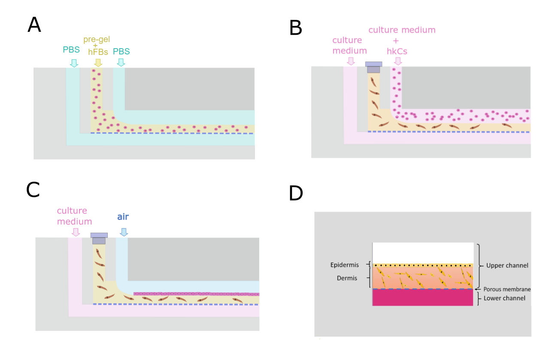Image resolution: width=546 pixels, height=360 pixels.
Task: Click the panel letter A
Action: pos(34,25)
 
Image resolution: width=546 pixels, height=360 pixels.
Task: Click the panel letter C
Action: pos(33,189)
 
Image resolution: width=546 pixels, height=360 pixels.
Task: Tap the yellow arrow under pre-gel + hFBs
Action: pos(98,63)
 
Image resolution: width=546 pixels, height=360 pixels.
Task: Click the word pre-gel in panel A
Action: pos(97,40)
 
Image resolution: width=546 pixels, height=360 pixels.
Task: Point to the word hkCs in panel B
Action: pos(397,51)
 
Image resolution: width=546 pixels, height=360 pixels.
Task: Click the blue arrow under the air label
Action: pos(124,232)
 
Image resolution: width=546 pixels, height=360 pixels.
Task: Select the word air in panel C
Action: pos(123,217)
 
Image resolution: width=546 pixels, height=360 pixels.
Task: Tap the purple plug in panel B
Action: pos(373,67)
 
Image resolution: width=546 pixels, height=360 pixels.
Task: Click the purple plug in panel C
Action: pos(99,238)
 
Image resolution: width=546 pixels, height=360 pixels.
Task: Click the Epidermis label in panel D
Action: pos(344,265)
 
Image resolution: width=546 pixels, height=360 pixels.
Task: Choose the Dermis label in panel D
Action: pos(347,278)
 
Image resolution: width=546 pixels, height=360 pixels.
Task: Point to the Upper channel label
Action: pos(507,265)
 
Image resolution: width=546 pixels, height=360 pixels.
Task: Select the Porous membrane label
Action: pos(507,289)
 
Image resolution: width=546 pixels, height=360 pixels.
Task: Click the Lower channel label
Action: pos(504,298)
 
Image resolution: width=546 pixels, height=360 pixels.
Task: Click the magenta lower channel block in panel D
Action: pos(422,298)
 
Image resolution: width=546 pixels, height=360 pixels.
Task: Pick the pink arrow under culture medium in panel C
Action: pos(76,232)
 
